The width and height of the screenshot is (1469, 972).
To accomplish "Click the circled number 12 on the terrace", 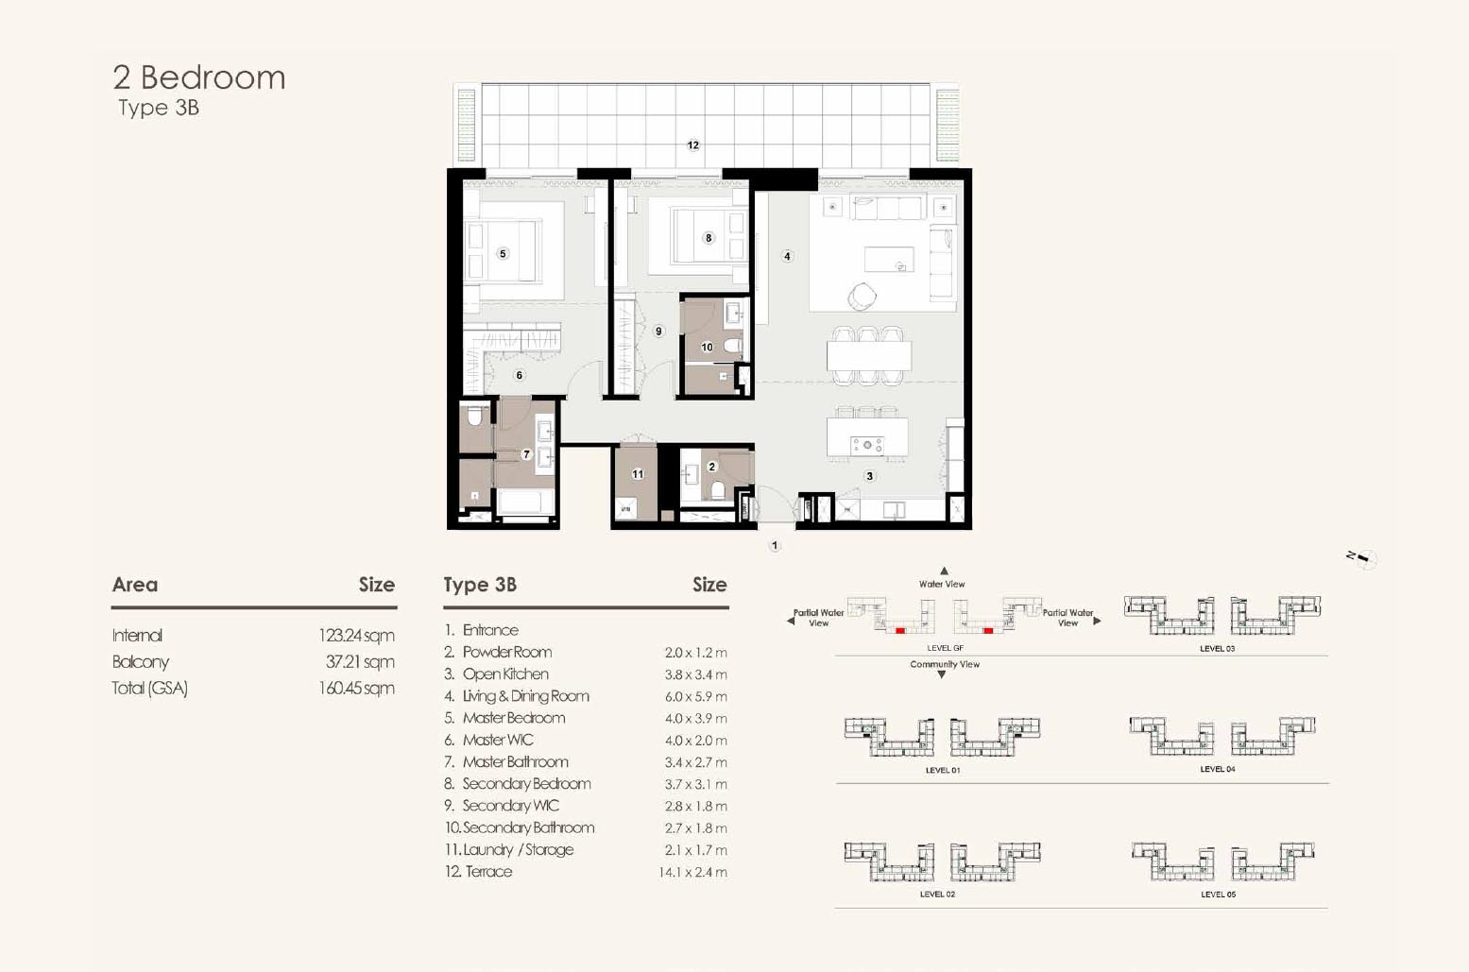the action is (x=693, y=145).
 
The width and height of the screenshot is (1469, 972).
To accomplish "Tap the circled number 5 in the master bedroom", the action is (x=503, y=254).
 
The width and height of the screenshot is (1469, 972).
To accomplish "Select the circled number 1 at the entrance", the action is (x=775, y=546).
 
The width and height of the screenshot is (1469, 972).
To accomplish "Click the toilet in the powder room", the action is (x=717, y=489).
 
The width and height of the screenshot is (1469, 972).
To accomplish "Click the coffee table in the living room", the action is (x=889, y=259).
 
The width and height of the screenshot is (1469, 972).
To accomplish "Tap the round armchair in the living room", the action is (x=861, y=296).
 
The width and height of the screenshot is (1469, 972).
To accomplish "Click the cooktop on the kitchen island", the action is (x=867, y=445).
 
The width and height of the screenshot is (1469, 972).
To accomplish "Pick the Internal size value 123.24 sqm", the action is (x=356, y=636).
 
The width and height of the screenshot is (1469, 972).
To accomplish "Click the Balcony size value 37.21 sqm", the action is (x=360, y=662).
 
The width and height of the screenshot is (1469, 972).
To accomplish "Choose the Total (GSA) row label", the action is (x=149, y=688).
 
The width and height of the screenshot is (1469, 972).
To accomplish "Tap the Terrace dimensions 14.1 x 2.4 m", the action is (x=692, y=872).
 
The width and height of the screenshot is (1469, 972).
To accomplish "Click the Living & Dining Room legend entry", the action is (x=517, y=696).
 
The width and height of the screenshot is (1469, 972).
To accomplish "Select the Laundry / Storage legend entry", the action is (x=509, y=849).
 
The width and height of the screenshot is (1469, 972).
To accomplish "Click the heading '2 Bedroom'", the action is (x=199, y=77).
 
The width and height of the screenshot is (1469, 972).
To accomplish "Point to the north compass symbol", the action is (x=1362, y=558).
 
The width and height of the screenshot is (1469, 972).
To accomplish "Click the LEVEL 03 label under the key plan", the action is (x=1217, y=649).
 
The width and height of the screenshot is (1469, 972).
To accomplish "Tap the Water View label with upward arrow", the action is (x=943, y=578).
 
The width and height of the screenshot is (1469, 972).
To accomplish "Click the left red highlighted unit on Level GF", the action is (x=900, y=630).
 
